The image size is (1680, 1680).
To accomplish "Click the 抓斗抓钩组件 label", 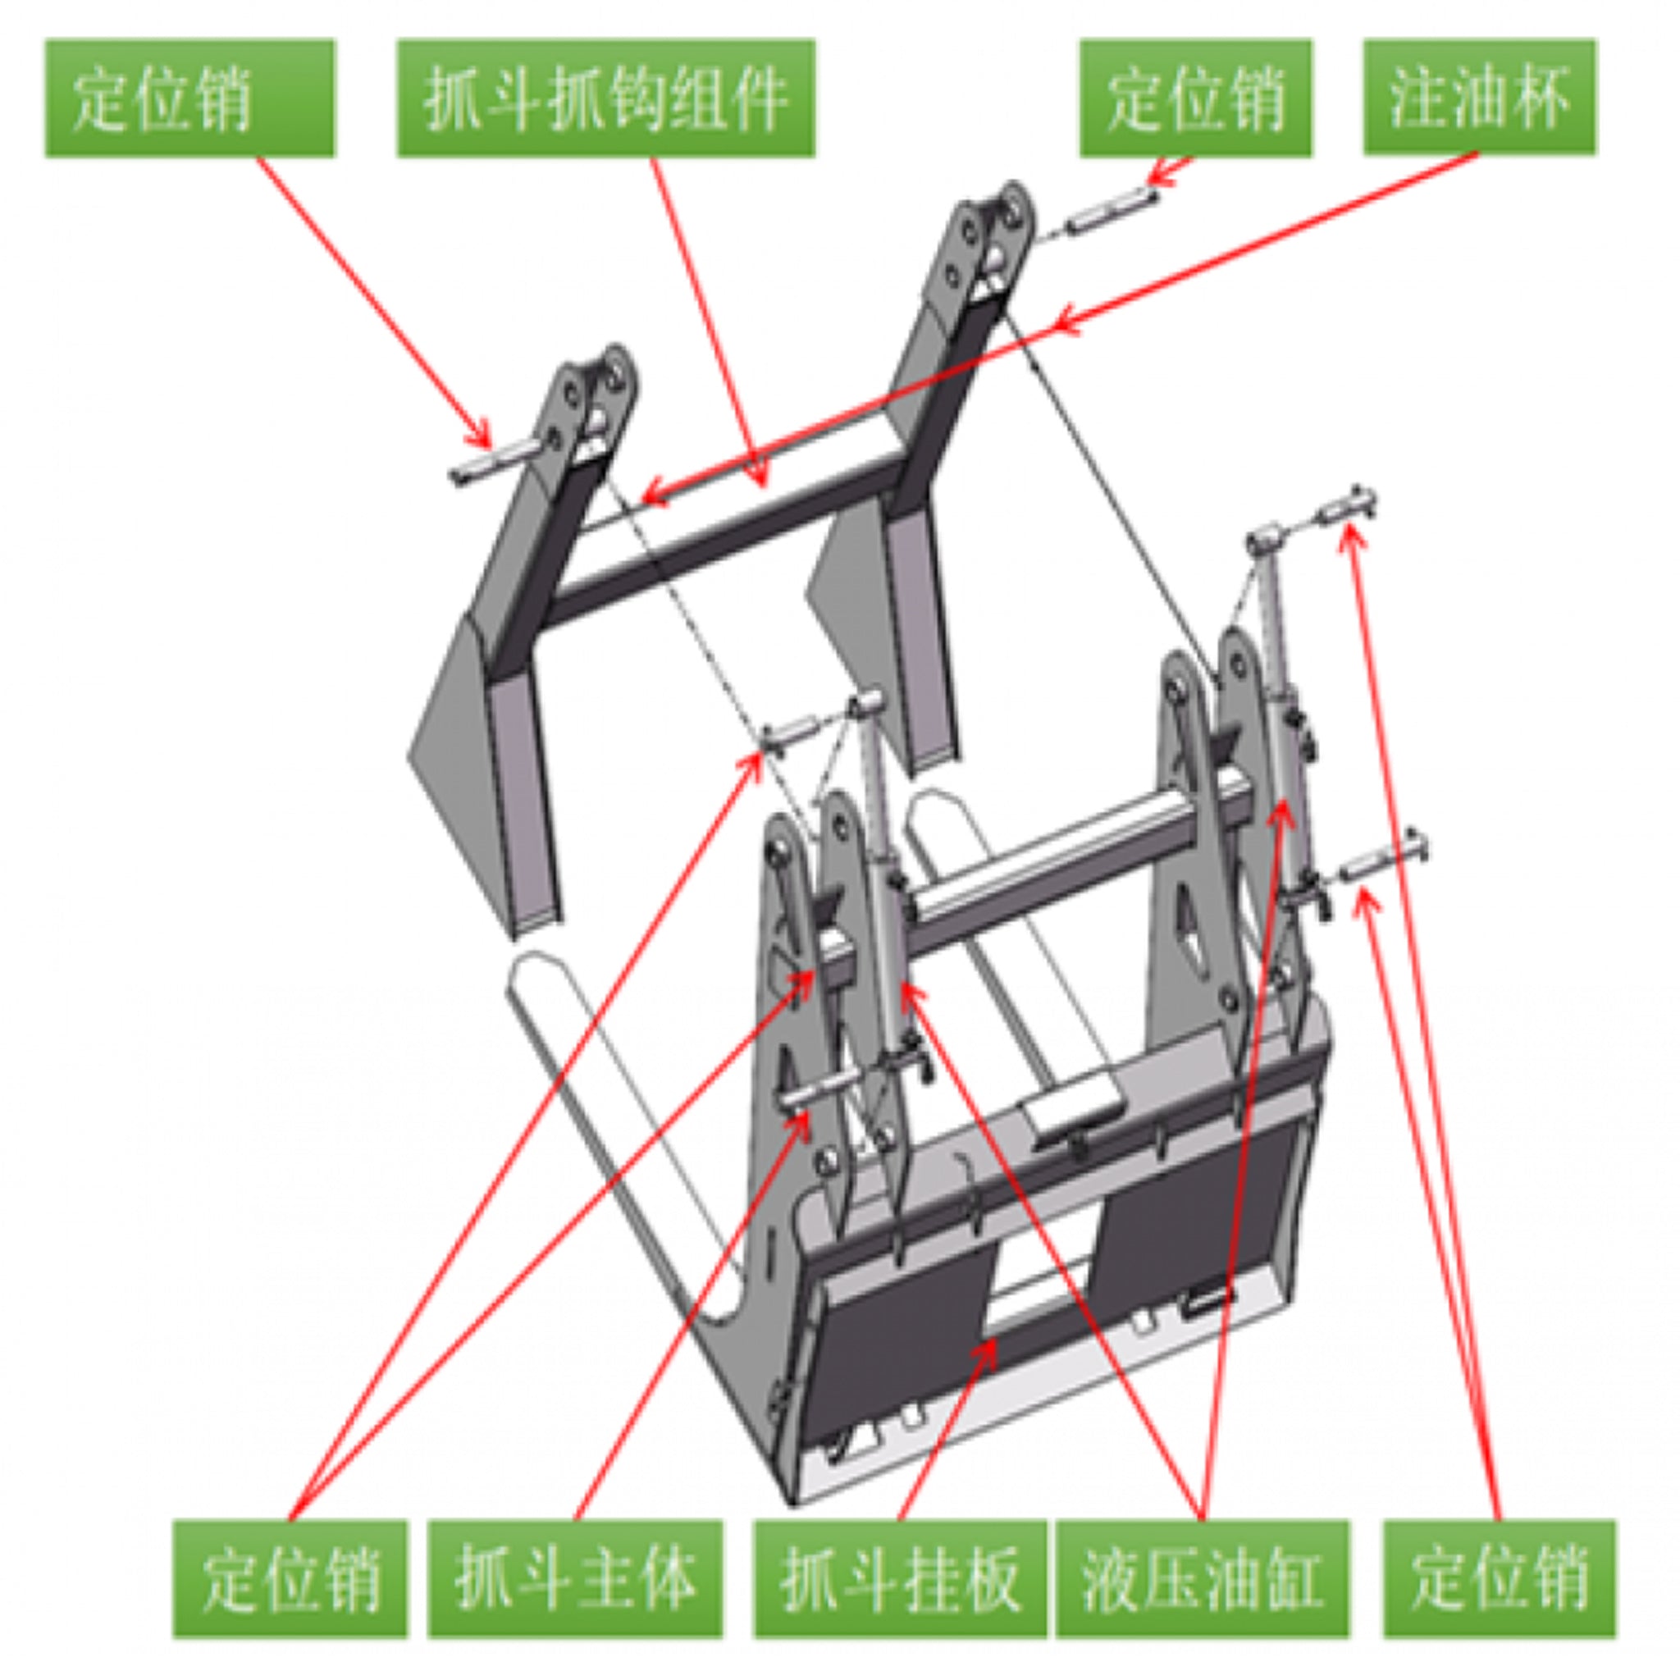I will point(606,98).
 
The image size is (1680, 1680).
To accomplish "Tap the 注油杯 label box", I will point(1479,98).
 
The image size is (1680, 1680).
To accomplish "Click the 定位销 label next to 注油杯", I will point(1196,98).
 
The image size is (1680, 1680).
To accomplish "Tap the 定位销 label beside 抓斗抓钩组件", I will point(189,98).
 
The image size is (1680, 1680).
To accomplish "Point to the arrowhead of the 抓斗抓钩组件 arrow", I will point(765,482).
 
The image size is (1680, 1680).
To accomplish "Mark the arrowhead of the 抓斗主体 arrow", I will point(806,1116).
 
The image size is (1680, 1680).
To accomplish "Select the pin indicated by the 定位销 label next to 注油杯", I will point(1113,212).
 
